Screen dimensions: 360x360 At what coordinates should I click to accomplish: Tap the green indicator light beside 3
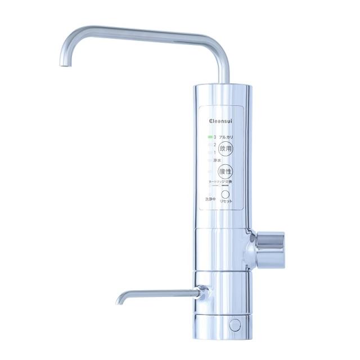[210, 137]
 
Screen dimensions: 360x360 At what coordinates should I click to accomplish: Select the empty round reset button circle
[225, 193]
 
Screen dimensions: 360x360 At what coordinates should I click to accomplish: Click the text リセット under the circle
[226, 202]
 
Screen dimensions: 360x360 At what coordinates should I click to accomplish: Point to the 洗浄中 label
[210, 199]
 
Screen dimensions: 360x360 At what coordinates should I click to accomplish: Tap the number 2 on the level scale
[215, 145]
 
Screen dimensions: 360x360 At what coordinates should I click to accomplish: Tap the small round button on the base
[235, 325]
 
